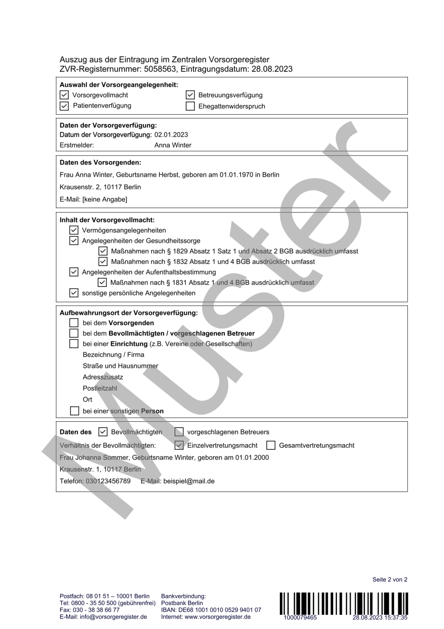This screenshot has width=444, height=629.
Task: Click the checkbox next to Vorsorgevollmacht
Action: [x=64, y=95]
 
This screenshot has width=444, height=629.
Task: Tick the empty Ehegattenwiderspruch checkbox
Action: [x=190, y=106]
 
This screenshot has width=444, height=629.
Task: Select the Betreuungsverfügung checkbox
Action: [x=190, y=95]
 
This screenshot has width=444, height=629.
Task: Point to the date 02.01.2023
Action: [x=171, y=135]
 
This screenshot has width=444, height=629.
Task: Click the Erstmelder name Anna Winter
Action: [x=173, y=145]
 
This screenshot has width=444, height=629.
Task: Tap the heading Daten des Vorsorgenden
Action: [x=100, y=163]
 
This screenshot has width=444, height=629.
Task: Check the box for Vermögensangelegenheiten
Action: [x=74, y=230]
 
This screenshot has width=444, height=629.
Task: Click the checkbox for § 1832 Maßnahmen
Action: [x=103, y=261]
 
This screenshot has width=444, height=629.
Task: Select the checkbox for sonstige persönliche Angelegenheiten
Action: [x=74, y=293]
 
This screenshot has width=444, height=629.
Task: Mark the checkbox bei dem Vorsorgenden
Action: [x=74, y=323]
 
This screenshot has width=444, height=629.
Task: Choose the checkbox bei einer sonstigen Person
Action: [x=75, y=411]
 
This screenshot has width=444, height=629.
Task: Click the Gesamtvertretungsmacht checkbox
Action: [x=271, y=445]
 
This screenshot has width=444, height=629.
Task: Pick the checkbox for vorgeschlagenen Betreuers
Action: [x=179, y=432]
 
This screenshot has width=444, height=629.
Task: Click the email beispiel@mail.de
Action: [x=189, y=481]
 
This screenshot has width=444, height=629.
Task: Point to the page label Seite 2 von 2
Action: [x=390, y=579]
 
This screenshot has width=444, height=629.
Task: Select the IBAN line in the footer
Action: [x=211, y=610]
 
